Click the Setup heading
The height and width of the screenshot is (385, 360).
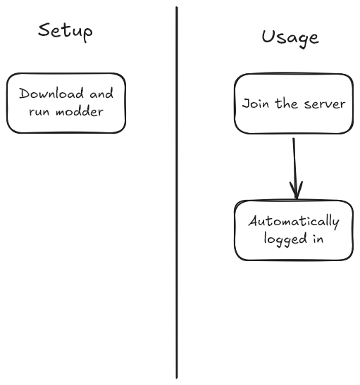tap(66, 32)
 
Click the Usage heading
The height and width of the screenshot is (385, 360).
tap(290, 39)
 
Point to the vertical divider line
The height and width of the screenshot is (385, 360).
tap(177, 193)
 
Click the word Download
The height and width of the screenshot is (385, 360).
tap(51, 94)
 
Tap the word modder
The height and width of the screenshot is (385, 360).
tap(80, 112)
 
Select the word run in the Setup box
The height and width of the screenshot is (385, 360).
tap(39, 112)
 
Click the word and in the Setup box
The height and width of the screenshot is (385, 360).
tap(101, 94)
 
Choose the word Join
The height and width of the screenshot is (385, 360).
tap(255, 103)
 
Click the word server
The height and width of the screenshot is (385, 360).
tap(325, 104)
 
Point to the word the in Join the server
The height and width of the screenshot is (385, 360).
tap(286, 103)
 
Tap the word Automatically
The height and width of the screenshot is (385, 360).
tap(294, 222)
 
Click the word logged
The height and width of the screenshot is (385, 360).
tap(285, 239)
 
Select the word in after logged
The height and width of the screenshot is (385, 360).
tap(318, 239)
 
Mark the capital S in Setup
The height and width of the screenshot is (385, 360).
tap(44, 30)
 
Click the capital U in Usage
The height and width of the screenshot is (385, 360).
tap(268, 37)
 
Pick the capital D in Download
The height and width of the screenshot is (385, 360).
tap(25, 94)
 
